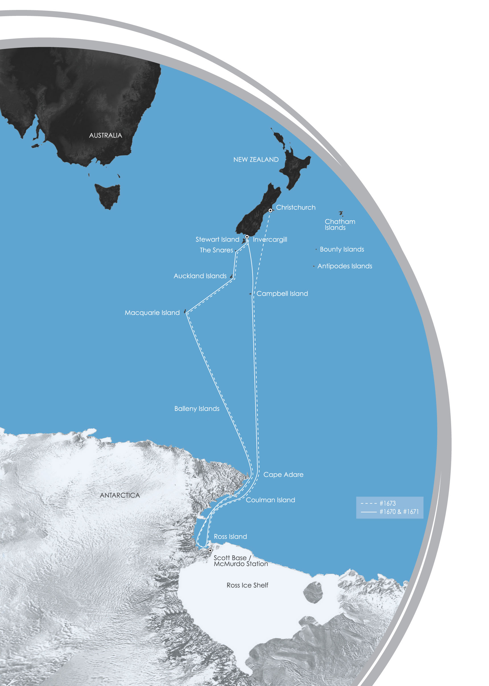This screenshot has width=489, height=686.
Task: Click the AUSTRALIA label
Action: (105, 135)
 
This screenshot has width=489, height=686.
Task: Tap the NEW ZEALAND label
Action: (256, 159)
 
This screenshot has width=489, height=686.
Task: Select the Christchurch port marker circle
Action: (271, 210)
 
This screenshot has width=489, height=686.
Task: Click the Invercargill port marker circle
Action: (247, 237)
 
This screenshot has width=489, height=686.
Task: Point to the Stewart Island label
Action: (217, 239)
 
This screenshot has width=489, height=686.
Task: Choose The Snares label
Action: (216, 250)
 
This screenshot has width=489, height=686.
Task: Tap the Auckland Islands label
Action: (200, 276)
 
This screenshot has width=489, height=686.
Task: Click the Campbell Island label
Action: (282, 294)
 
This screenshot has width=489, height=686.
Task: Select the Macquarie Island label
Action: (152, 313)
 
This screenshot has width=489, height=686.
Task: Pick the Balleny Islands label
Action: (197, 409)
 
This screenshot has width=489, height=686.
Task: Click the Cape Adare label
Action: (283, 474)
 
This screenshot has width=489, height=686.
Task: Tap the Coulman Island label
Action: (271, 500)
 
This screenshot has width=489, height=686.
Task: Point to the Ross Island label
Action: (230, 536)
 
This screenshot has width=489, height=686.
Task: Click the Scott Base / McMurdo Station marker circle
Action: (210, 550)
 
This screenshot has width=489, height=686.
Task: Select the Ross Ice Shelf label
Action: (247, 585)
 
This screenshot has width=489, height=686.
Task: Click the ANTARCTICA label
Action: (120, 495)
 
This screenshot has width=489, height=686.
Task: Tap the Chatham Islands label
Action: (340, 225)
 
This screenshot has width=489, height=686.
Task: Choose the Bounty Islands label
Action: (342, 249)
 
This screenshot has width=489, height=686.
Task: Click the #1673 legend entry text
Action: (387, 503)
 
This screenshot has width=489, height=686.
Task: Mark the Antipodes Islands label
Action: (345, 266)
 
